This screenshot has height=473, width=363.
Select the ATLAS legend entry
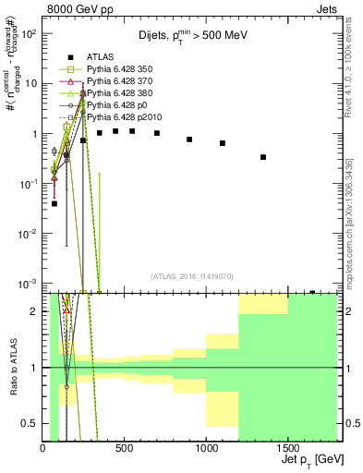(100, 56)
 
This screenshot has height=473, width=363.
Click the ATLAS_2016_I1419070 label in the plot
(192, 275)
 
